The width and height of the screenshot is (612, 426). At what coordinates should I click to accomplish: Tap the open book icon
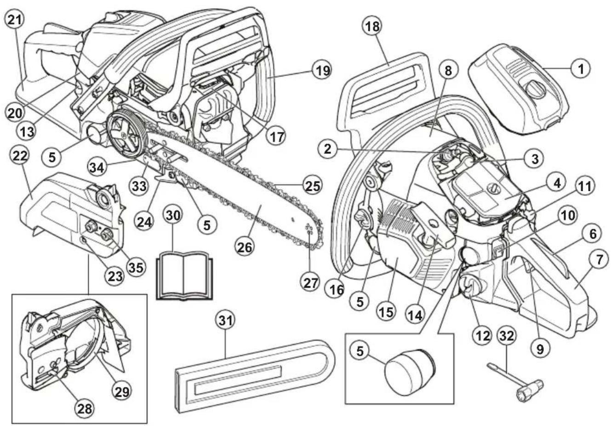183,275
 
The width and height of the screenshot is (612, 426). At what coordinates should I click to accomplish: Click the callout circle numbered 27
311,283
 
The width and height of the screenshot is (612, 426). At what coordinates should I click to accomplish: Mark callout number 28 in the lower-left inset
85,407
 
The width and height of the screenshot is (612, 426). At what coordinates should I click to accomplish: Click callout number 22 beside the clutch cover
19,157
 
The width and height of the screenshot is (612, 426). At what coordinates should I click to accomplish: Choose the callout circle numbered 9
539,348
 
